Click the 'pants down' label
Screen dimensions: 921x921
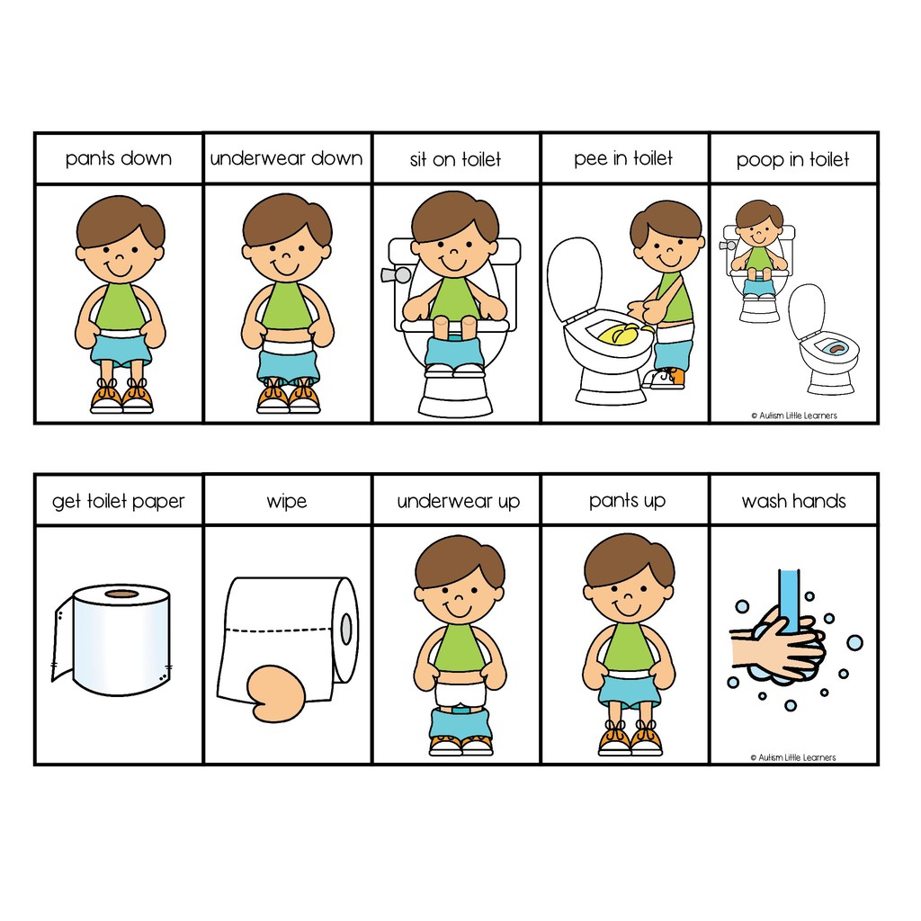[118, 159]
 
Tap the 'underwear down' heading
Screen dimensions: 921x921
[286, 159]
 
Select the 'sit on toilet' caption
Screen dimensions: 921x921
[456, 159]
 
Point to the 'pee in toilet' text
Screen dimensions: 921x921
[623, 159]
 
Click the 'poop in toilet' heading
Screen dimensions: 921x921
[792, 160]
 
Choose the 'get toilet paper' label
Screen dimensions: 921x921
[118, 501]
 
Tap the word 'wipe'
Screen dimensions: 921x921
[286, 501]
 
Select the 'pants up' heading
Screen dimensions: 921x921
[627, 500]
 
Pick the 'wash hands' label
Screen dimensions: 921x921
[793, 501]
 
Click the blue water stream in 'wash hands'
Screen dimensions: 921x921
[790, 594]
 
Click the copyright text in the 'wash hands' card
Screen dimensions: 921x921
[792, 757]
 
